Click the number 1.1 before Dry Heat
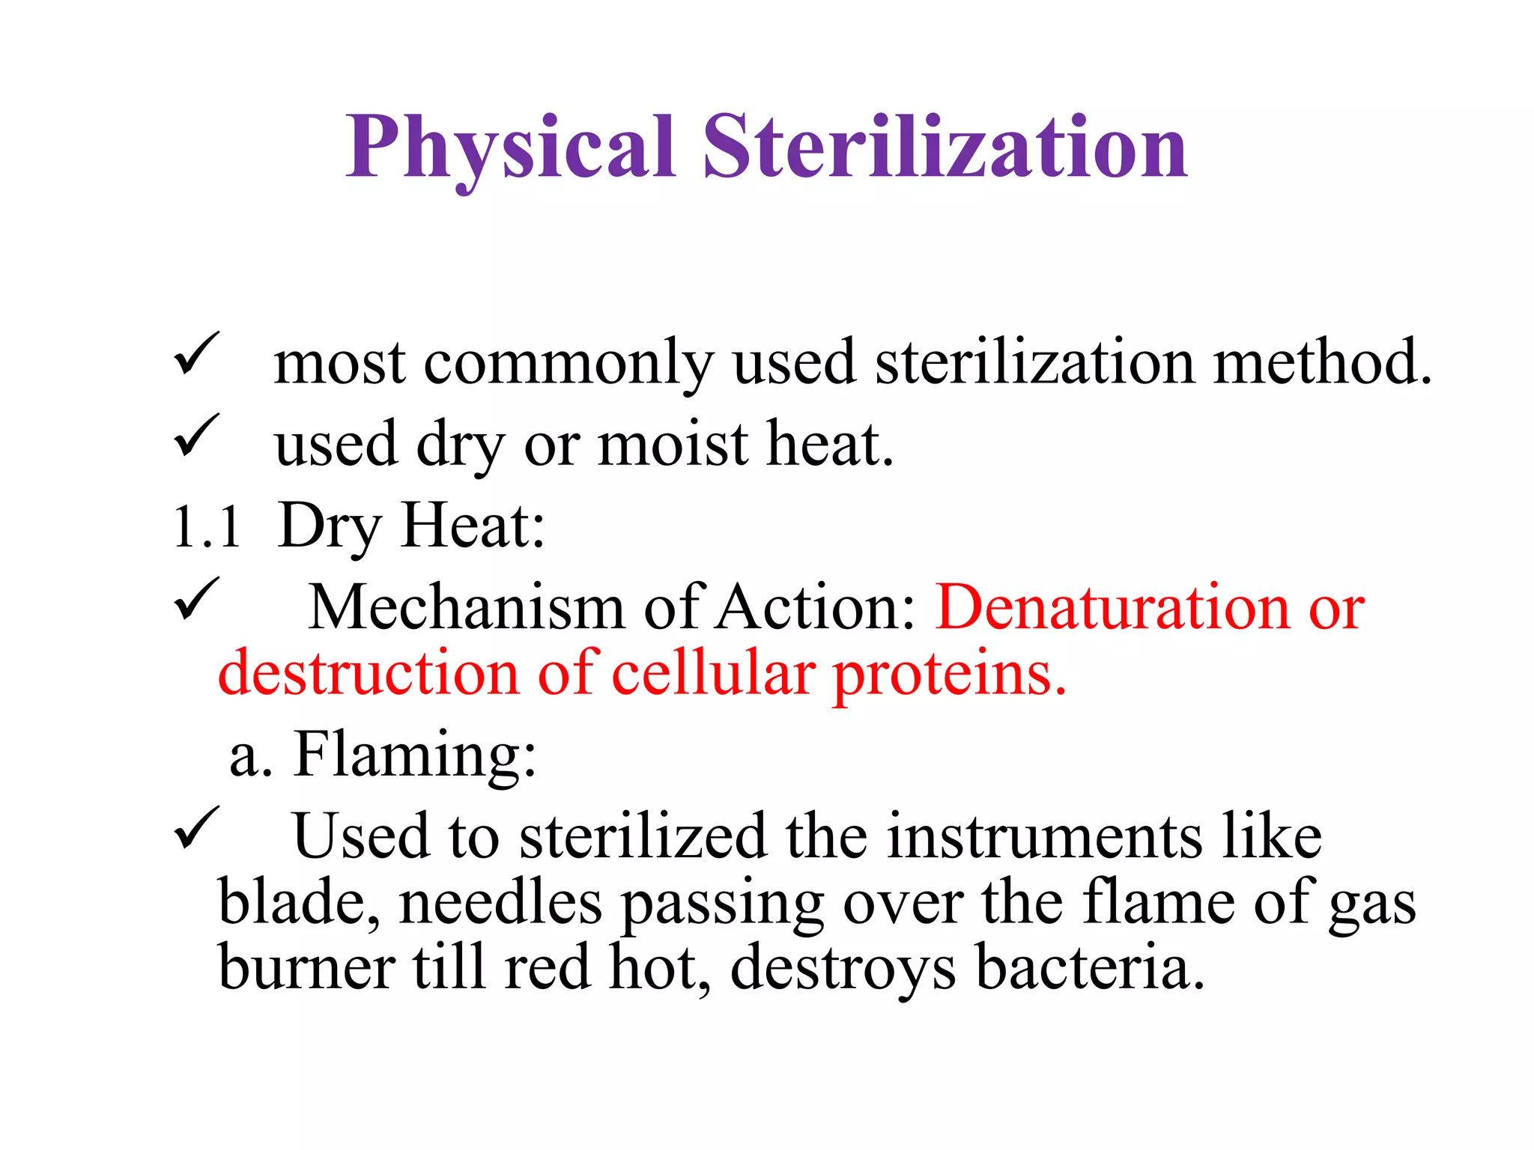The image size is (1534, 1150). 207,527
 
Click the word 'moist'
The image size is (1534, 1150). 673,445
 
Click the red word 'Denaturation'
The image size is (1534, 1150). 1112,607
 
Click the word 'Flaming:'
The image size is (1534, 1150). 415,755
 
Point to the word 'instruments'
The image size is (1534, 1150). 1044,836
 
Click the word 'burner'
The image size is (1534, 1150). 306,967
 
